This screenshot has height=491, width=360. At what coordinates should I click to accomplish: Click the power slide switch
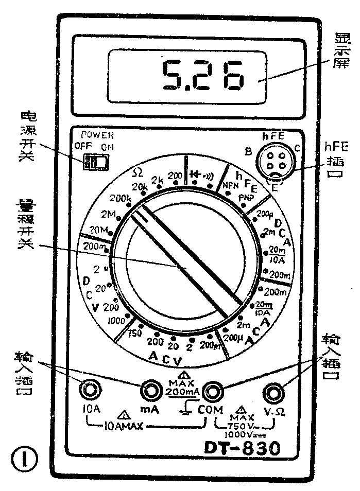pyautogui.click(x=96, y=163)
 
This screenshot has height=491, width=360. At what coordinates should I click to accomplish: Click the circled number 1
pyautogui.click(x=24, y=460)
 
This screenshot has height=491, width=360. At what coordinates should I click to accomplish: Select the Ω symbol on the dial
pyautogui.click(x=137, y=171)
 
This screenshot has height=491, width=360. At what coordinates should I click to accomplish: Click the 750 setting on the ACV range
pyautogui.click(x=135, y=332)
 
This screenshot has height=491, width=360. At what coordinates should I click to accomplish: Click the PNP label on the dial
pyautogui.click(x=246, y=198)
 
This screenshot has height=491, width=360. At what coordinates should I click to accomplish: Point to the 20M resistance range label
pyautogui.click(x=98, y=230)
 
